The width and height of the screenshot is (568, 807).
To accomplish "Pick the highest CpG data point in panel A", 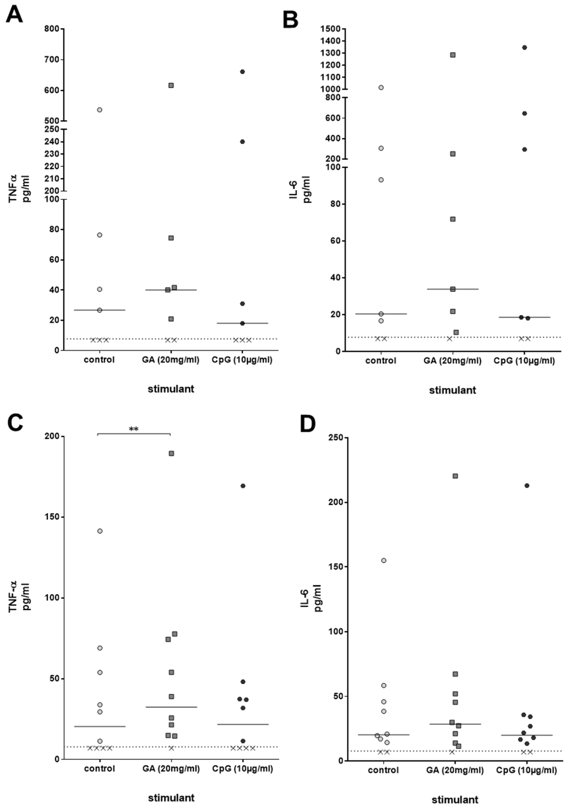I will tap(242, 72).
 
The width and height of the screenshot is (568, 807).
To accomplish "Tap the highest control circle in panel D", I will tap(384, 560).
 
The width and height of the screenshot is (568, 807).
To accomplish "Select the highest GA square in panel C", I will tap(171, 453).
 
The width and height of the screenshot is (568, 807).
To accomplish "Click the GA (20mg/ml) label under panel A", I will tap(171, 360).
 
